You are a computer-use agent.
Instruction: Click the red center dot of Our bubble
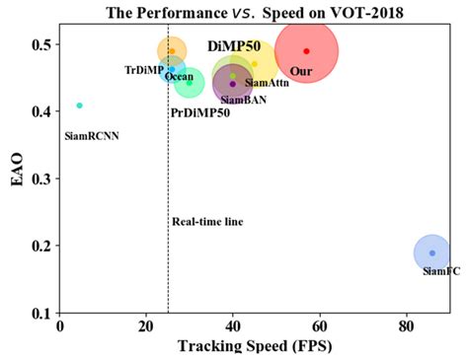pyautogui.click(x=306, y=51)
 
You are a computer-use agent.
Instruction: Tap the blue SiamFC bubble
pyautogui.click(x=431, y=252)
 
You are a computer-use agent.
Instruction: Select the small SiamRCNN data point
pyautogui.click(x=80, y=106)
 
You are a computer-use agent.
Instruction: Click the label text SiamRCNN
pyautogui.click(x=91, y=135)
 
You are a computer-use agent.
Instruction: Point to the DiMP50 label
pyautogui.click(x=234, y=47)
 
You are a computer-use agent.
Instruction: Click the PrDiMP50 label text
pyautogui.click(x=200, y=113)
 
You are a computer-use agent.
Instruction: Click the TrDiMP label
pyautogui.click(x=143, y=70)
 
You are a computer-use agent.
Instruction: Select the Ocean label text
pyautogui.click(x=179, y=76)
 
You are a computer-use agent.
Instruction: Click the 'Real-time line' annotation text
pyautogui.click(x=207, y=221)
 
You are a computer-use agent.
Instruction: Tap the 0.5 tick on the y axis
pyautogui.click(x=44, y=45)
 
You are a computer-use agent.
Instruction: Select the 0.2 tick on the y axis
pyautogui.click(x=44, y=247)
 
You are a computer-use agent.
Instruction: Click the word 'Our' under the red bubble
pyautogui.click(x=301, y=71)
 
